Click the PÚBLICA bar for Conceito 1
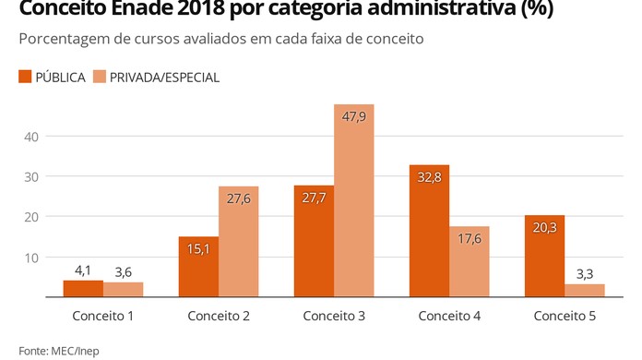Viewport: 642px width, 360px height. [x=83, y=288]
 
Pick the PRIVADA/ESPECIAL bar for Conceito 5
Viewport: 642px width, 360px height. [x=584, y=290]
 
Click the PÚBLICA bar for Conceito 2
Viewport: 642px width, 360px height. [x=198, y=267]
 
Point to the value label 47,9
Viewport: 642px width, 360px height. [x=353, y=117]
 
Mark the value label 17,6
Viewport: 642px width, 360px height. [x=469, y=239]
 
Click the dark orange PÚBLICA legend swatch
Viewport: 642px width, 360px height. [x=25, y=78]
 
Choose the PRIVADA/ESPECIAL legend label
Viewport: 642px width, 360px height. [x=164, y=78]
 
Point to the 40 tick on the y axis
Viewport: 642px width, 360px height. [x=30, y=137]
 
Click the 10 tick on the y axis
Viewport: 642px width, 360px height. [x=30, y=257]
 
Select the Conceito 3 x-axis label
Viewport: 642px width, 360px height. [x=335, y=317]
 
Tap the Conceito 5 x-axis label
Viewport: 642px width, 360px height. [x=565, y=317]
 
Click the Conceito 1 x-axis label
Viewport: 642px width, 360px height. [x=104, y=317]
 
